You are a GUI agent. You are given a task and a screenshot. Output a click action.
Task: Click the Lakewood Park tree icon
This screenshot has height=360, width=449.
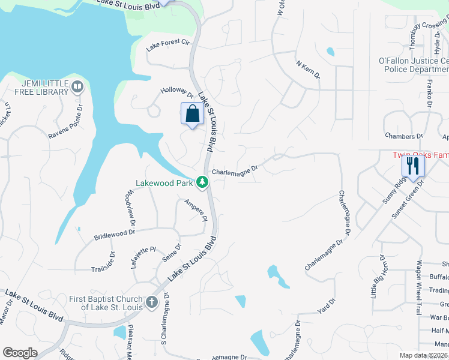tap(203, 181)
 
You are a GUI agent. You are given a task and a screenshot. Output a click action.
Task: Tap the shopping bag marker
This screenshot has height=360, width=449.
tap(192, 113)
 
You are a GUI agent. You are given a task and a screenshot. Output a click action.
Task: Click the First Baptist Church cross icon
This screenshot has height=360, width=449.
tap(151, 302)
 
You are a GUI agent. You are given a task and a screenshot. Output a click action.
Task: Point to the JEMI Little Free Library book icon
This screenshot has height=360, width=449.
tap(77, 88)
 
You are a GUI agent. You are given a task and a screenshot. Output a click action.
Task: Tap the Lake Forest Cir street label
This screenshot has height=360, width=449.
tap(168, 43)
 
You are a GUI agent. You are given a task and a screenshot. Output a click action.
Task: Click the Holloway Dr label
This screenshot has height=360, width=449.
tap(176, 92)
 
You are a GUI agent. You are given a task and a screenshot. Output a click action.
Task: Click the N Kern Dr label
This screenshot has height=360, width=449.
tap(308, 70)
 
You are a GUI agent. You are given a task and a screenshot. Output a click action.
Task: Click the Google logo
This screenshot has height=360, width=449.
tap(20, 353)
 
